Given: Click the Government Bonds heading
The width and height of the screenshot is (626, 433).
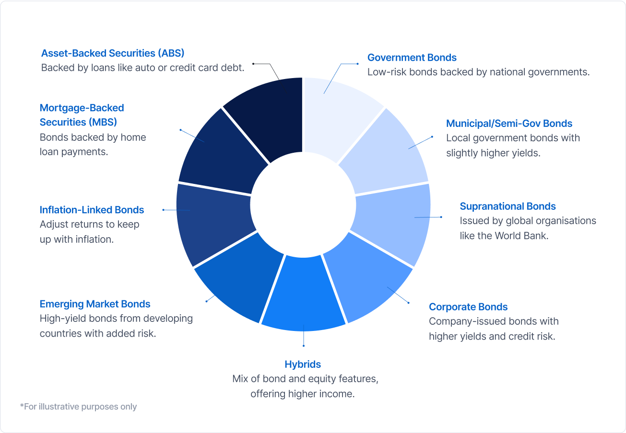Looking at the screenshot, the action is (x=412, y=57).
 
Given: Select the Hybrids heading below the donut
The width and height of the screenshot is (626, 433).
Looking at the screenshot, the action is (x=303, y=365).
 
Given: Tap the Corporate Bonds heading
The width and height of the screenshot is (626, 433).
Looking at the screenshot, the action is (x=468, y=307).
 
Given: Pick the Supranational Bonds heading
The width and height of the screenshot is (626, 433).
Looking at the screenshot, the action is (x=508, y=206).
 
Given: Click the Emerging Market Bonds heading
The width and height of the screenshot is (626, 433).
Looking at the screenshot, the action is (x=95, y=304).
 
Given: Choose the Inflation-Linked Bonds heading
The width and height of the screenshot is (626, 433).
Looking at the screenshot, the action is (x=92, y=210).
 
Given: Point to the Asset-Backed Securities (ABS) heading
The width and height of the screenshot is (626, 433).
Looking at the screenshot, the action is (x=113, y=53).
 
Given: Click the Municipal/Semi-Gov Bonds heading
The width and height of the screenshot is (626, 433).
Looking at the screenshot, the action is (x=509, y=123).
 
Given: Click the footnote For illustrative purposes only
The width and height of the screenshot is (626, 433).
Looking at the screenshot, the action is (x=79, y=407).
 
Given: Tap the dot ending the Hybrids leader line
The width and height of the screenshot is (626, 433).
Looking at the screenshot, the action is (x=304, y=346).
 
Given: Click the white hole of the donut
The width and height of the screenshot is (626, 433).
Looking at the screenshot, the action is (x=303, y=205).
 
